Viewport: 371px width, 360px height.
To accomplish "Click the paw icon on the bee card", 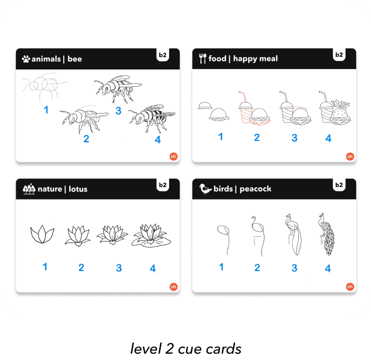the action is [26, 59].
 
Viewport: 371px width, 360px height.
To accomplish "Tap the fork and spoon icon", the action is [202, 58].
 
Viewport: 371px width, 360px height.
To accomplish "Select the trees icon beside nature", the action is [29, 189].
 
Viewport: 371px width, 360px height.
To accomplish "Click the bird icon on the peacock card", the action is [205, 188].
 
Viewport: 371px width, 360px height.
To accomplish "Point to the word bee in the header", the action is [74, 59].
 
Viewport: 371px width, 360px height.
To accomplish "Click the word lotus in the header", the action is [78, 189].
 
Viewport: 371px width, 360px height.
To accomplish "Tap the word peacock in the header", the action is [255, 189].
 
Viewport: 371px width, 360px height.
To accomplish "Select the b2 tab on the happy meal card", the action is [339, 55].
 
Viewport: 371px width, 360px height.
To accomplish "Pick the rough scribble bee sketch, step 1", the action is [44, 86].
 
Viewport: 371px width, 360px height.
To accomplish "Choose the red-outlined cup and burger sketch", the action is [254, 108].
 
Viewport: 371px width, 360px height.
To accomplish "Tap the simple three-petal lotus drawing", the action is [42, 234].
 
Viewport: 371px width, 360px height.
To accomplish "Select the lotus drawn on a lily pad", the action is [151, 236].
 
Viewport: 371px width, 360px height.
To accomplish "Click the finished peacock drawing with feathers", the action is [326, 234].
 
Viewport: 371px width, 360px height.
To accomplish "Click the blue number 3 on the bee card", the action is [119, 111].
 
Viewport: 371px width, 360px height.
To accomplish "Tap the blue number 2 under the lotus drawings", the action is [81, 267].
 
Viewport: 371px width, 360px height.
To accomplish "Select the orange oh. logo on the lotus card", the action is [174, 287].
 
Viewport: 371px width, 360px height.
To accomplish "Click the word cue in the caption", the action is [190, 349].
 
